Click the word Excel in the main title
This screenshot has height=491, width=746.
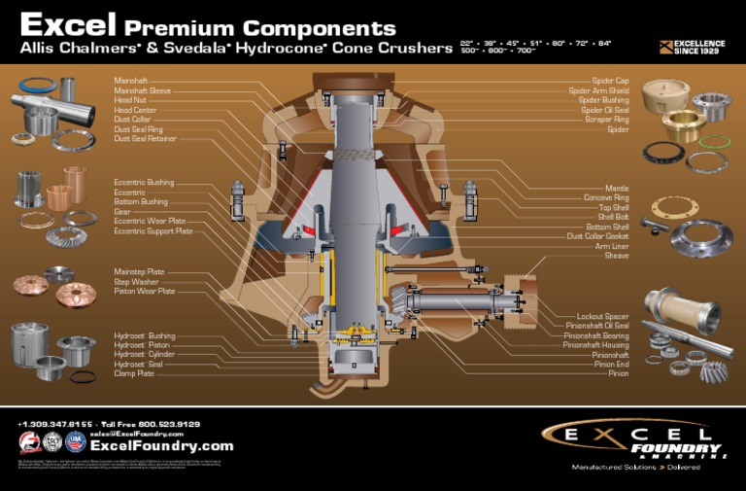coord(68,23)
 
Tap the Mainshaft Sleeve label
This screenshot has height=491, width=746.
coord(142,90)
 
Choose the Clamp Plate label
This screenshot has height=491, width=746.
coord(134,373)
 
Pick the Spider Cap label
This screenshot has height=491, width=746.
coord(610,81)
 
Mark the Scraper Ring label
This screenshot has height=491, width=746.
coord(606,120)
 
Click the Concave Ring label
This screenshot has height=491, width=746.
coord(606,197)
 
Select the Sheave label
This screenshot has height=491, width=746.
coord(616,256)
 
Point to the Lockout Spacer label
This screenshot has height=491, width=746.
coord(602,316)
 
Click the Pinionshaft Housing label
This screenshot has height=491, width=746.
coord(595,345)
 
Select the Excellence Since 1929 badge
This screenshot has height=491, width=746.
coord(692,47)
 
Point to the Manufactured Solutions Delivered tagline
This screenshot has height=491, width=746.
coord(636,467)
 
